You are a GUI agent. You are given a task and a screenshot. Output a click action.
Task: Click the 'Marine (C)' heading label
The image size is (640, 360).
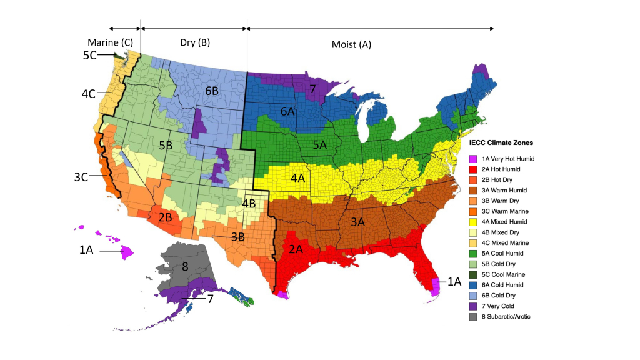110,42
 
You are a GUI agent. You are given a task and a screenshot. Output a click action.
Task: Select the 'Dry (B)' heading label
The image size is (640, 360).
196,43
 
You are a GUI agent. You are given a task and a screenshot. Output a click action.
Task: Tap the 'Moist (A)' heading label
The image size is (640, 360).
351,45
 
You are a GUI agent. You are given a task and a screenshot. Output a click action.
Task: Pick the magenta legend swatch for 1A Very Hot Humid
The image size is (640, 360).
473,159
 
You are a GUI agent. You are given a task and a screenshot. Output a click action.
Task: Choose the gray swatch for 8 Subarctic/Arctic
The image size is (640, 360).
473,317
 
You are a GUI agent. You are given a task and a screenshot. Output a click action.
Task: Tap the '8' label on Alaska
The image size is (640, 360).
184,266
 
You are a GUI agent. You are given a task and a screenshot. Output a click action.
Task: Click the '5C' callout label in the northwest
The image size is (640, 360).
90,55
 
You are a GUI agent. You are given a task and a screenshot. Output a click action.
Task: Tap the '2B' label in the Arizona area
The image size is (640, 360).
165,217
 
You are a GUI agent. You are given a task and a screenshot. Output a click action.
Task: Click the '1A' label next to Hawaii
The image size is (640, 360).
86,251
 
